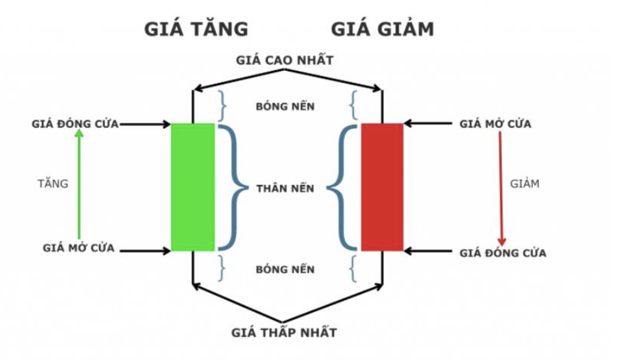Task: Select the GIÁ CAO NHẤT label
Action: click(x=285, y=61)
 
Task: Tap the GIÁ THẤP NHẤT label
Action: click(x=285, y=332)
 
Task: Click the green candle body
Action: click(x=193, y=187)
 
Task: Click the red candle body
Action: click(x=382, y=187)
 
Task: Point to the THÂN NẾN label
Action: click(x=285, y=188)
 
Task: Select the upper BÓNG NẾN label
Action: click(x=285, y=106)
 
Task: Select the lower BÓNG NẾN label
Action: click(x=285, y=270)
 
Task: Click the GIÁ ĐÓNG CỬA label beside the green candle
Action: click(x=75, y=124)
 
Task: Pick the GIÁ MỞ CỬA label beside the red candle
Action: click(x=495, y=124)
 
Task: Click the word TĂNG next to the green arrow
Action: click(x=53, y=184)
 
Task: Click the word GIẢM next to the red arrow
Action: click(x=525, y=184)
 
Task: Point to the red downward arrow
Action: click(x=501, y=188)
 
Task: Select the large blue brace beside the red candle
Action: click(x=341, y=187)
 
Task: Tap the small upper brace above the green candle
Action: click(x=221, y=105)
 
